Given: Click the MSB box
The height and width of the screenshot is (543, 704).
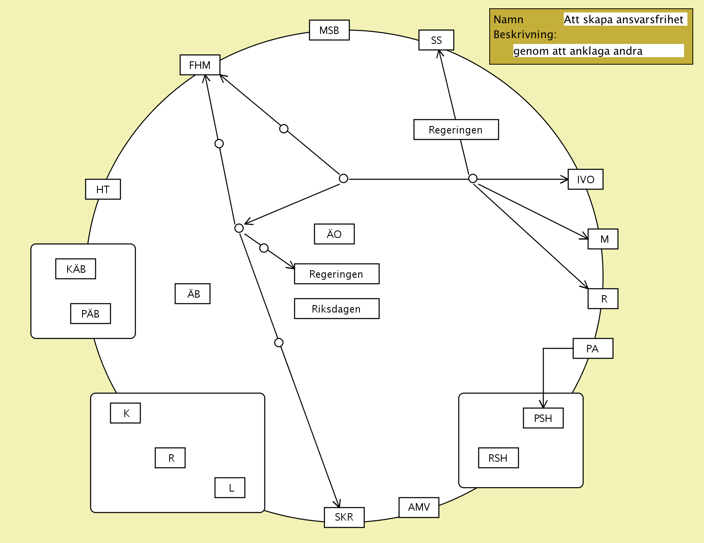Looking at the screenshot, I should click(x=329, y=30).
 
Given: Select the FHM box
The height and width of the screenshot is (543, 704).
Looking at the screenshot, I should click(x=200, y=65).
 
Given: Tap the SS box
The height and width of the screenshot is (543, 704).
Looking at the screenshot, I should click(x=436, y=40).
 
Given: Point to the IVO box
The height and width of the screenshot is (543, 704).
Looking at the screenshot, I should click(x=585, y=179).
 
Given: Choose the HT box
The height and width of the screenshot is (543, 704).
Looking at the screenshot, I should click(x=103, y=189).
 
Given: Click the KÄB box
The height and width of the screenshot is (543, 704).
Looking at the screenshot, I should click(x=76, y=269).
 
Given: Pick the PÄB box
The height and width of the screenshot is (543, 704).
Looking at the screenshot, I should click(x=90, y=314).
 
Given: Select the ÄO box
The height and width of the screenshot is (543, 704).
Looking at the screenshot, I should click(x=334, y=234).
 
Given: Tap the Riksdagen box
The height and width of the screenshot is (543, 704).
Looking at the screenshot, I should click(x=337, y=309).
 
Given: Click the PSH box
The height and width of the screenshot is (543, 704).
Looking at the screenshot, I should click(x=543, y=418).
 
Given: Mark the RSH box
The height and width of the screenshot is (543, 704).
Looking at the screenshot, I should click(x=498, y=458).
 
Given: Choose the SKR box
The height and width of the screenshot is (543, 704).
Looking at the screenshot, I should click(x=344, y=517).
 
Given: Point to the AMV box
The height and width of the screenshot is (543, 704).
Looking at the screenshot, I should click(x=419, y=507).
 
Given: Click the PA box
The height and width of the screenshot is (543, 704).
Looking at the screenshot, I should click(x=593, y=349).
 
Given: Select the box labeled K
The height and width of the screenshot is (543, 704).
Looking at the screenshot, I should click(x=126, y=413).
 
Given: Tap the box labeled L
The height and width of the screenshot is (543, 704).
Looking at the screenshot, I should click(x=230, y=488).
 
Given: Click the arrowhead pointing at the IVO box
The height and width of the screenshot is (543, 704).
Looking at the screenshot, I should click(x=565, y=179).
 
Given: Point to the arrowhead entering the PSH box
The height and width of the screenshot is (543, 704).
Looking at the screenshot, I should click(x=543, y=405).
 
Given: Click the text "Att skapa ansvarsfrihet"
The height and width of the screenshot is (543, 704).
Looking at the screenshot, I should click(x=623, y=19).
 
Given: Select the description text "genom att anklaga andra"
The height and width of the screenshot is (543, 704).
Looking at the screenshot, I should click(x=578, y=51).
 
